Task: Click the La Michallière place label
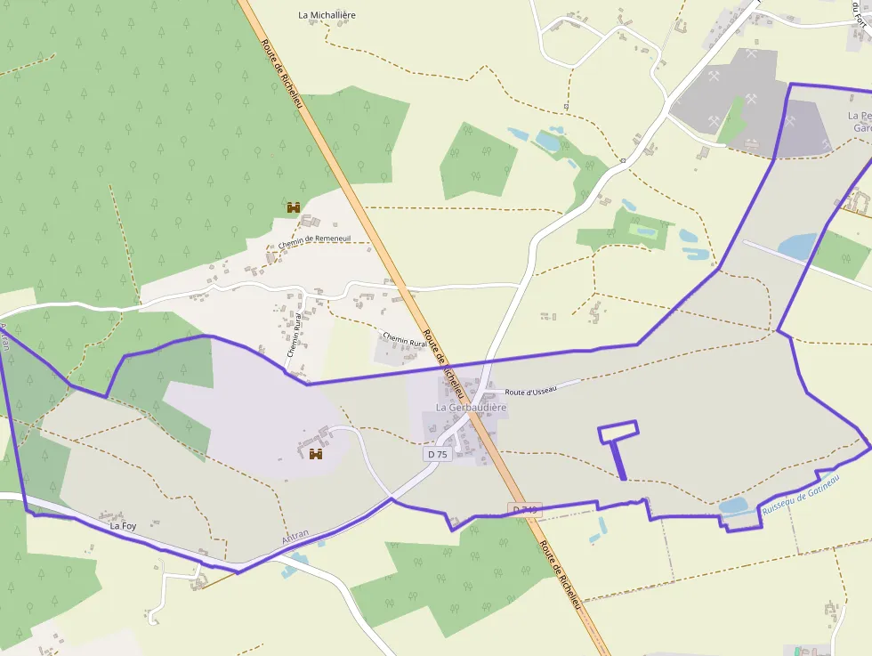coord(327,15)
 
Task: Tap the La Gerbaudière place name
coord(471,408)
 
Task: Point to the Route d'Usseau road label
coord(530,390)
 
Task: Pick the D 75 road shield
coord(437,454)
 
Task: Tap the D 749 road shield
coord(525,509)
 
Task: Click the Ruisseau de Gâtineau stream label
coord(801,496)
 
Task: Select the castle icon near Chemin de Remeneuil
coord(294,207)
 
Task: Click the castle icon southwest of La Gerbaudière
coord(315,454)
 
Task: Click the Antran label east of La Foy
coord(295,535)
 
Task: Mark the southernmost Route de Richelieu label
coord(561,575)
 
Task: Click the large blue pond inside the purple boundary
coord(797,246)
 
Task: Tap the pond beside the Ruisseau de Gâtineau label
coord(734,506)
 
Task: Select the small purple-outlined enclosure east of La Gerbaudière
coord(618,432)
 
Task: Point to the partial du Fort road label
coord(860,17)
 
